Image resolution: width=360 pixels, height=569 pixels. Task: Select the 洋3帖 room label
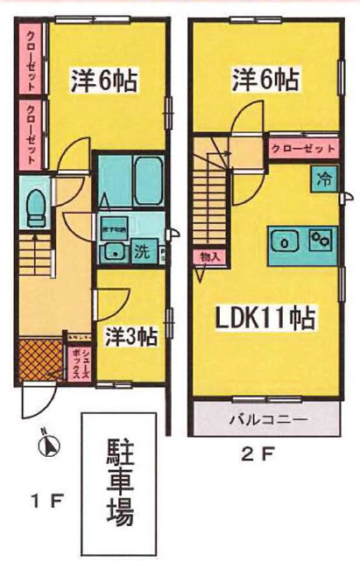pyautogui.click(x=131, y=335)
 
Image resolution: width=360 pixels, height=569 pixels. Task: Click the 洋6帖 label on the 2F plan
pyautogui.click(x=264, y=80)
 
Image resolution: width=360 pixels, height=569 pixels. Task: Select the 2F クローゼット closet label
pyautogui.click(x=302, y=149)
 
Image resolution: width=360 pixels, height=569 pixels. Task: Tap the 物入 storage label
pyautogui.click(x=208, y=256)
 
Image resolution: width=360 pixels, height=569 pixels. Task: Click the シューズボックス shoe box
pyautogui.click(x=78, y=360)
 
